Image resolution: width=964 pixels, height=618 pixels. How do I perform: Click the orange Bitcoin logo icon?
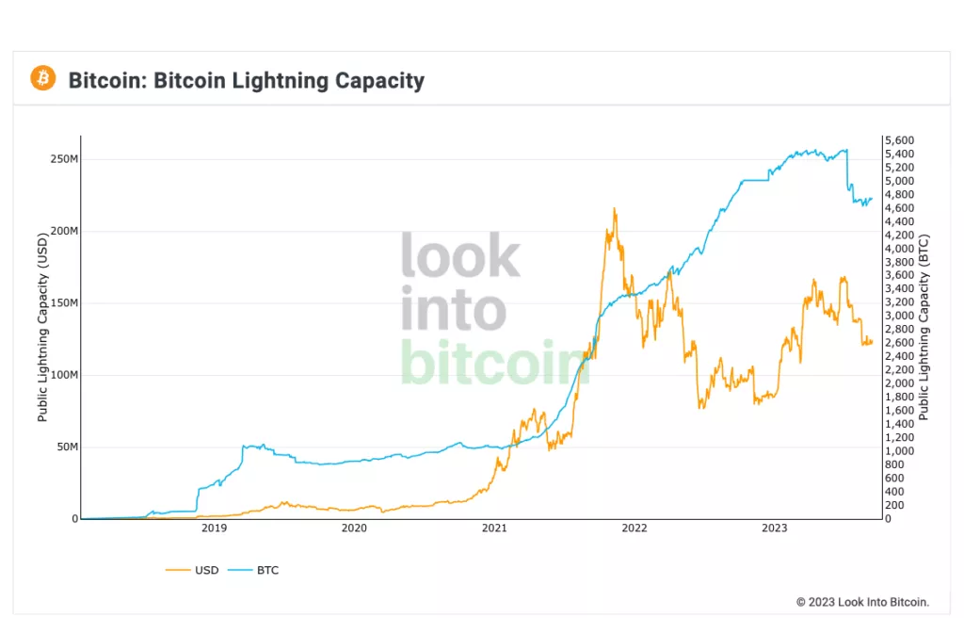point(43,78)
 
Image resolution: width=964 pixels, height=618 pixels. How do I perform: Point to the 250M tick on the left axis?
point(64,158)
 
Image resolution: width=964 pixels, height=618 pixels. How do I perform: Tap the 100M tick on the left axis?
point(64,375)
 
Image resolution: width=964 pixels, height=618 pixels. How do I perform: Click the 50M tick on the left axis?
point(66,447)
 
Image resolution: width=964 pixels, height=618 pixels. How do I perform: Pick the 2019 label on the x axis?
point(214,529)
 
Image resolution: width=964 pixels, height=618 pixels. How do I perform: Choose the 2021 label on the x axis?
point(494,529)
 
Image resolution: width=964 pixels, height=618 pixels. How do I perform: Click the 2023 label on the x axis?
point(774,529)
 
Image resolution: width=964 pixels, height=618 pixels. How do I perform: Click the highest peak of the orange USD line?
point(615,209)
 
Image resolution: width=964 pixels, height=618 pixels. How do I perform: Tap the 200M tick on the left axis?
point(64,231)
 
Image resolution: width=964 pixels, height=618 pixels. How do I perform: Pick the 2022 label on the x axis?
point(635,529)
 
